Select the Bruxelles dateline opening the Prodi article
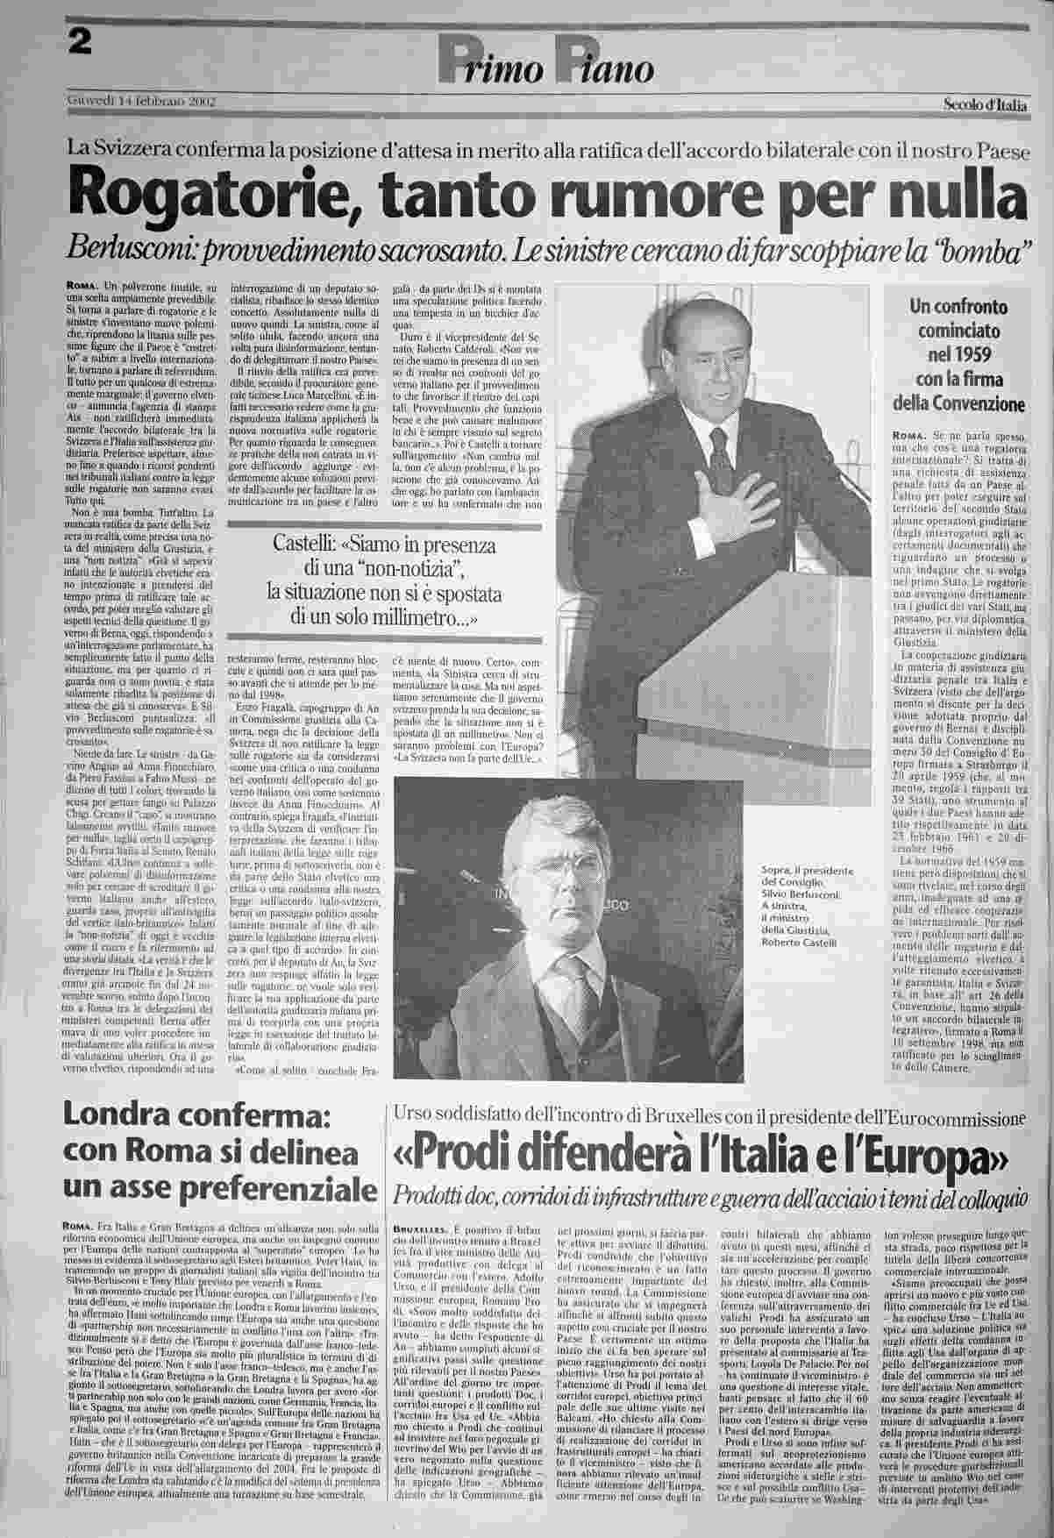pos(422,1229)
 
